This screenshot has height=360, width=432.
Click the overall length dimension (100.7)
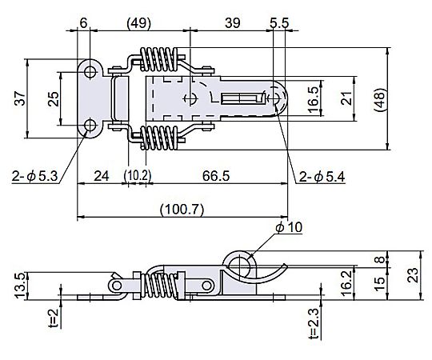pyautogui.click(x=182, y=209)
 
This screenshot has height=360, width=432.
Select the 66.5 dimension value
pyautogui.click(x=216, y=176)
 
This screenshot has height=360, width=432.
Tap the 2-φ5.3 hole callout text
pyautogui.click(x=34, y=177)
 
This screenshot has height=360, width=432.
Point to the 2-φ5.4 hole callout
pyautogui.click(x=322, y=177)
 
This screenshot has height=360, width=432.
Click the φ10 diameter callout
pyautogui.click(x=289, y=227)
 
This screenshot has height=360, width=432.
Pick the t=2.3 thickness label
pyautogui.click(x=314, y=323)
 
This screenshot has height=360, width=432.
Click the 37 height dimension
pyautogui.click(x=20, y=98)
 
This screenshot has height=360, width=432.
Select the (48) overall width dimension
pyautogui.click(x=379, y=99)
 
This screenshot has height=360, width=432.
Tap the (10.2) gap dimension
pyautogui.click(x=138, y=176)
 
